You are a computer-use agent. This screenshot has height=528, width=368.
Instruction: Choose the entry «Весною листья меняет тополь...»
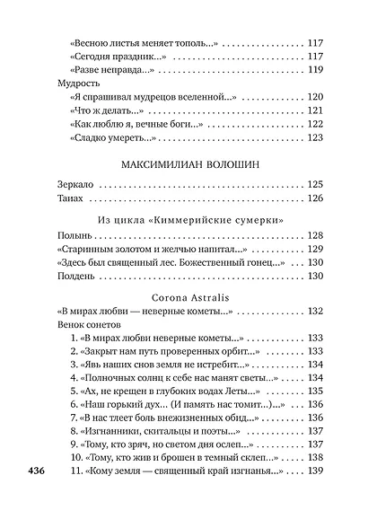tap(144, 41)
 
